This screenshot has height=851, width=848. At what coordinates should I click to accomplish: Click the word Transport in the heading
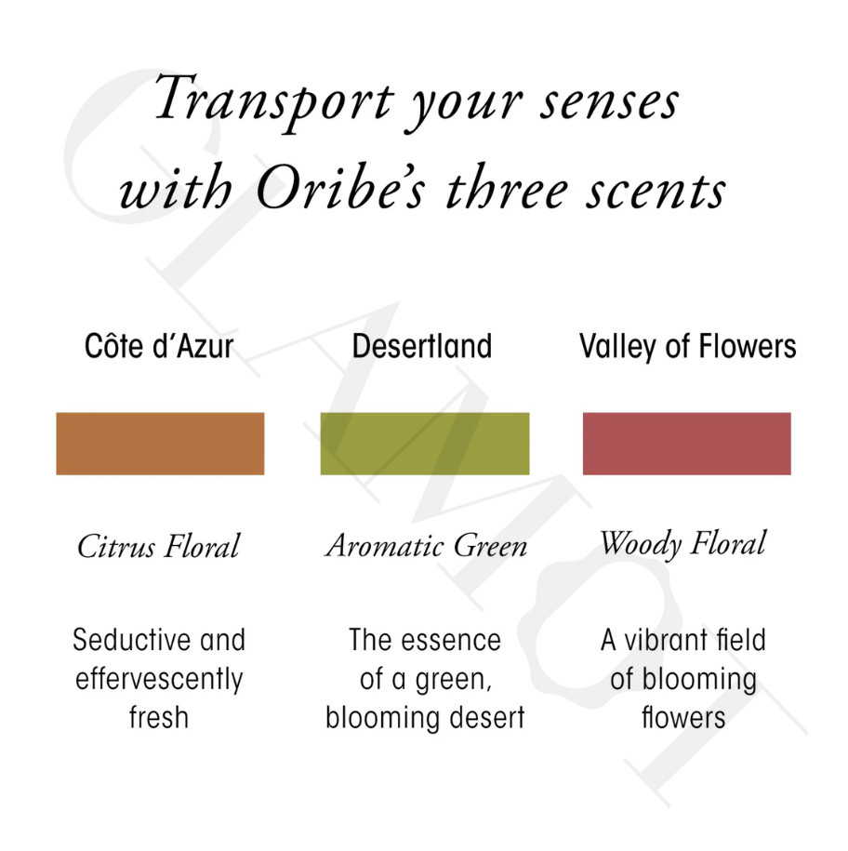[x=274, y=100]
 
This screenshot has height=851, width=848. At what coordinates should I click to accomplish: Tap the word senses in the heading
[x=609, y=103]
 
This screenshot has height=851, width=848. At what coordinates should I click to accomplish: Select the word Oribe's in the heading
[x=340, y=187]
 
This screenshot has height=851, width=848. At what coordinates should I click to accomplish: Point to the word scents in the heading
[x=656, y=190]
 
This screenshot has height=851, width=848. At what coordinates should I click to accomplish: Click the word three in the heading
[x=506, y=187]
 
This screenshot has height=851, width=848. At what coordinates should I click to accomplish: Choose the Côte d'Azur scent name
[x=159, y=346]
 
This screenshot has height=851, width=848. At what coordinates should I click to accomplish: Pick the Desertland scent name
[x=422, y=346]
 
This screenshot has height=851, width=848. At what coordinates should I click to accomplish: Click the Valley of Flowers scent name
[x=687, y=347]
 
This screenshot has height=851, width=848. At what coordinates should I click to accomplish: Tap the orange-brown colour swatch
[x=160, y=444]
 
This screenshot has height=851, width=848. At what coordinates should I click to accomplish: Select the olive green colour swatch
[x=425, y=444]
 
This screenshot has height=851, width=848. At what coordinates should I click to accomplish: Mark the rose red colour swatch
[x=687, y=444]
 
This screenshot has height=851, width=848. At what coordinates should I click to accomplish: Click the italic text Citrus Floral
[x=158, y=545]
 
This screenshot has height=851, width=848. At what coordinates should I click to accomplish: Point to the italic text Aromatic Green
[x=426, y=545]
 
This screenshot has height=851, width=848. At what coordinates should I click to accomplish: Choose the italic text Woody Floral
[x=683, y=544]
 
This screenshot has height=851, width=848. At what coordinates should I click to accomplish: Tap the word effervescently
[x=159, y=679]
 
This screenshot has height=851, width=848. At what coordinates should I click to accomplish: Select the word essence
[x=455, y=640]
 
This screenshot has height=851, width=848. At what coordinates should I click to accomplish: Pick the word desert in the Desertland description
[x=488, y=717]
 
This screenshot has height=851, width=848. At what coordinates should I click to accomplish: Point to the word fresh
[x=158, y=717]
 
